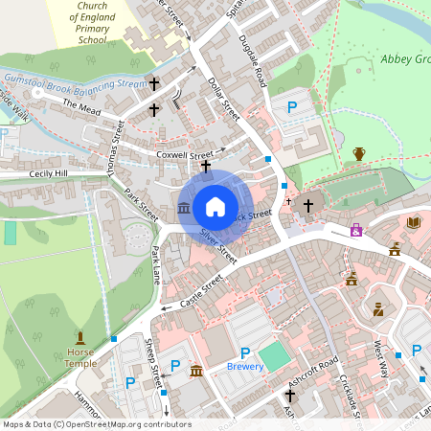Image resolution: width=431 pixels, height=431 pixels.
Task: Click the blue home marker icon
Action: pyautogui.click(x=215, y=207)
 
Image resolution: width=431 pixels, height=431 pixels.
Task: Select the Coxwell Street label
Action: pyautogui.click(x=184, y=154)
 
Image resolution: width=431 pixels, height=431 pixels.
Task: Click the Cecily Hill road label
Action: pyautogui.click(x=49, y=174)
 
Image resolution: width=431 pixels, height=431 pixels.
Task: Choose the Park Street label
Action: pyautogui.click(x=141, y=202)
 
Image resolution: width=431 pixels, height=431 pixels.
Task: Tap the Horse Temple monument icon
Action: pyautogui.click(x=80, y=337)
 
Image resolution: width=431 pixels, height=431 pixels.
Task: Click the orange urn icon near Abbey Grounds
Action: pyautogui.click(x=359, y=153)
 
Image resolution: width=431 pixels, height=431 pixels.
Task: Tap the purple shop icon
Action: pyautogui.click(x=356, y=230)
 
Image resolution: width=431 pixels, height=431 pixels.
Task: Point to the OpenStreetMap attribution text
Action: pyautogui.click(x=96, y=424)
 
